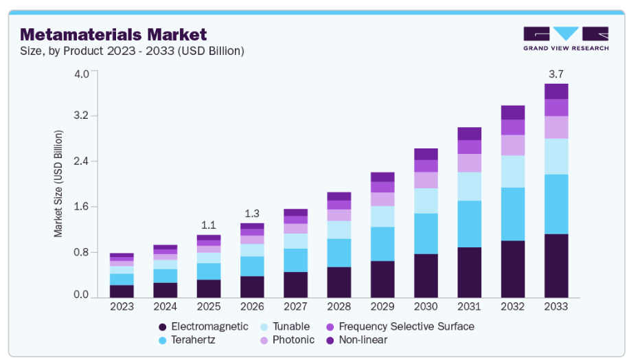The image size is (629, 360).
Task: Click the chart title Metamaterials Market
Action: pos(113,34)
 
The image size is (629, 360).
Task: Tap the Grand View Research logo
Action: pos(565,38)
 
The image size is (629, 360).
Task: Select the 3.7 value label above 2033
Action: pos(556,74)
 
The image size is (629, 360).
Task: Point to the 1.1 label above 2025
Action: pos(209,225)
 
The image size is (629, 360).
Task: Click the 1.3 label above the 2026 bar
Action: pos(252,213)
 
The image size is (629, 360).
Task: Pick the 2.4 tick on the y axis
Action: pos(80,161)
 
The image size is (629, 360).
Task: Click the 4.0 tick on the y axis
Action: pos(80,74)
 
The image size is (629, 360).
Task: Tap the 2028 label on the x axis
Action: pos(339,306)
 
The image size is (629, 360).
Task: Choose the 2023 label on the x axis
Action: pos(122,306)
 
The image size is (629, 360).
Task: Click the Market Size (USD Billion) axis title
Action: pos(58,183)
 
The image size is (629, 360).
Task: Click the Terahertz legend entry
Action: pos(188,340)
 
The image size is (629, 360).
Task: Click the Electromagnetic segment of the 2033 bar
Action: pos(556,265)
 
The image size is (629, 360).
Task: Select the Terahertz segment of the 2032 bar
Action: pos(513,214)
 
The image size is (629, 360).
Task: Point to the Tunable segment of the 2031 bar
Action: pos(469,186)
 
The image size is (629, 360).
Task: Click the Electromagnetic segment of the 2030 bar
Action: pos(426,275)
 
